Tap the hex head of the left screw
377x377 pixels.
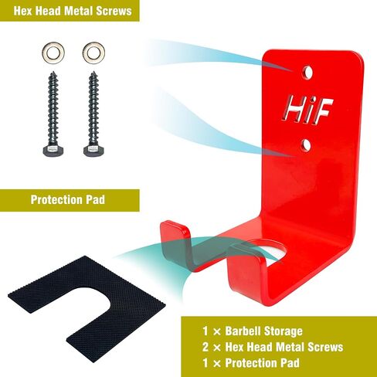click(53, 150)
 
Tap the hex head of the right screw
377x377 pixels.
click(93, 150)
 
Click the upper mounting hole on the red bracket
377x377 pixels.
click(307, 73)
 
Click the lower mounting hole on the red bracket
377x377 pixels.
click(306, 145)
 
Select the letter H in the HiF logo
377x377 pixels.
click(295, 109)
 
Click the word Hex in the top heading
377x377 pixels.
click(22, 11)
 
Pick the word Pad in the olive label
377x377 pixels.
click(95, 200)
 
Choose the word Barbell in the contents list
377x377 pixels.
click(243, 331)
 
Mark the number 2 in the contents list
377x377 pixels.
click(205, 347)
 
